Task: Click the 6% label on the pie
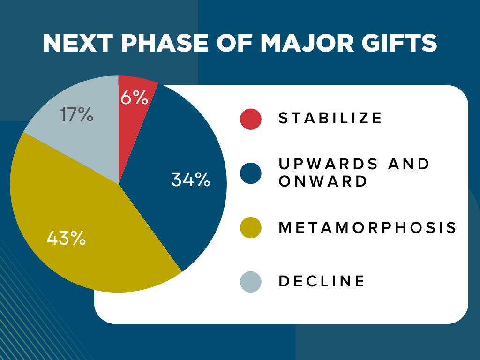[x=135, y=98]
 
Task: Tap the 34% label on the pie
[x=190, y=180]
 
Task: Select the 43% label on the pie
[x=66, y=238]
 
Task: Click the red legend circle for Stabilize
[x=250, y=118]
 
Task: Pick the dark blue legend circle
[x=250, y=173]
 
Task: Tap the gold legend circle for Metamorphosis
[x=250, y=228]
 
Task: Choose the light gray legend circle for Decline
[x=250, y=282]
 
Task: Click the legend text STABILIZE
[x=330, y=118]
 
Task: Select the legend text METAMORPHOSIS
[x=367, y=228]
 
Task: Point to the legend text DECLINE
[x=322, y=282]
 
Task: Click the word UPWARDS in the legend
[x=328, y=165]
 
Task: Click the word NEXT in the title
[x=78, y=44]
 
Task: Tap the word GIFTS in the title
[x=402, y=44]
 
